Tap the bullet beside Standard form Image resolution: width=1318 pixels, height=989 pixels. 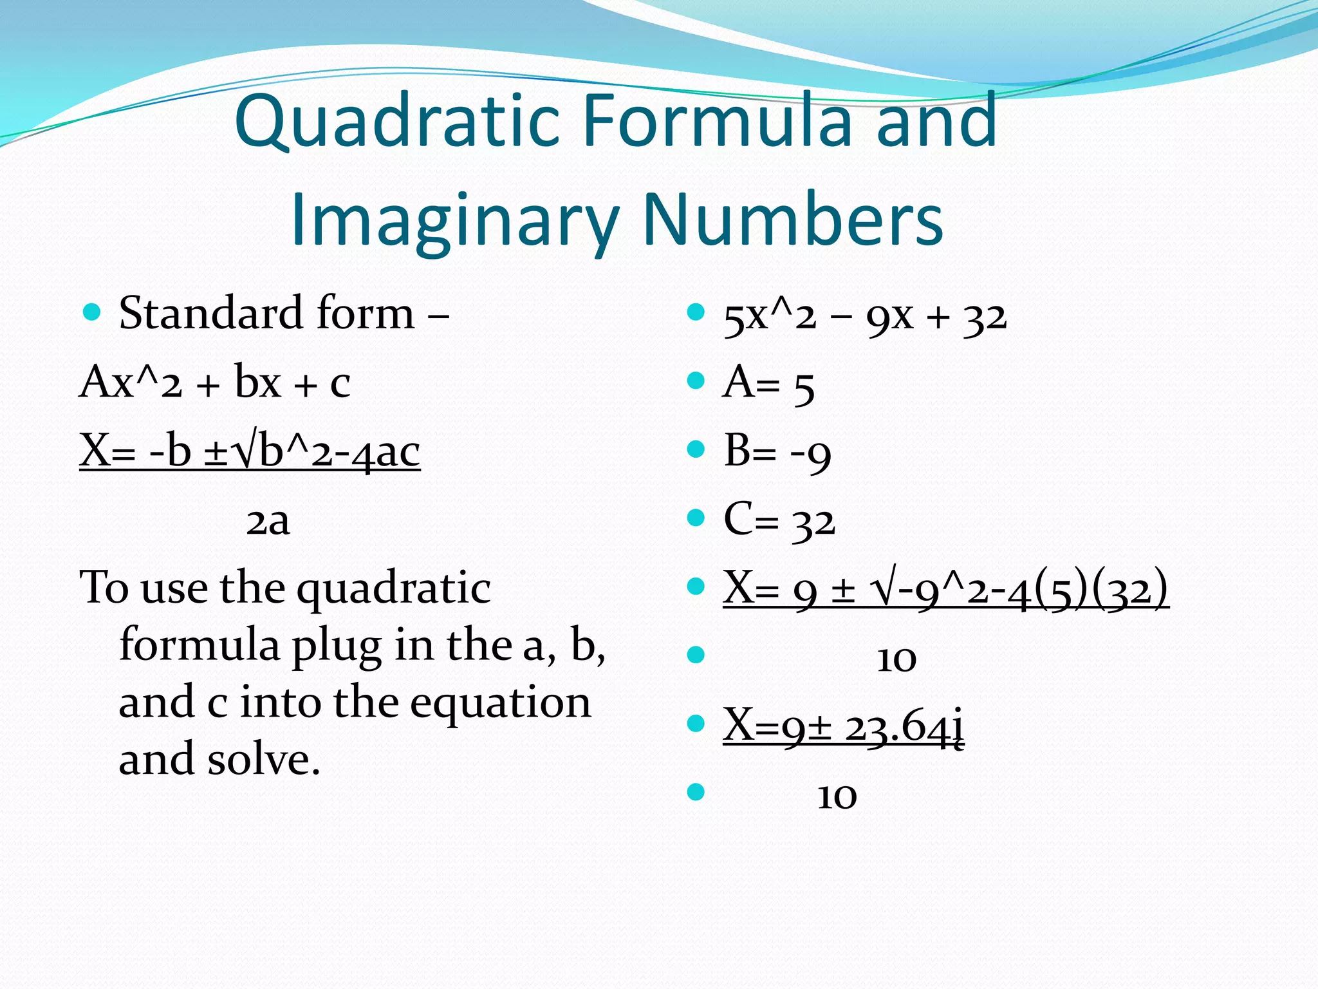click(x=93, y=313)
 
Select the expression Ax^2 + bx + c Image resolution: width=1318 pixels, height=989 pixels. click(x=215, y=382)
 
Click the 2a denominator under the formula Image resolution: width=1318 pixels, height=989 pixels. click(x=268, y=522)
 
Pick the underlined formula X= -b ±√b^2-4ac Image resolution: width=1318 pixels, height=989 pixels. click(x=250, y=451)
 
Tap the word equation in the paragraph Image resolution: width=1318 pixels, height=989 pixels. click(x=500, y=702)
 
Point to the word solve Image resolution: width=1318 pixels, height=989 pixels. click(x=264, y=759)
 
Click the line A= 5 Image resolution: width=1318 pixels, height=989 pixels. click(x=768, y=384)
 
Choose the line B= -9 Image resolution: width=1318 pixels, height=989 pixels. click(x=777, y=452)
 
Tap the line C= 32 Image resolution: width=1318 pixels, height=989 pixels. click(x=779, y=520)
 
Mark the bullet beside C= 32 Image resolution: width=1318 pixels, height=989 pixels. click(x=696, y=518)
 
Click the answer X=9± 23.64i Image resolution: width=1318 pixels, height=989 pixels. click(x=843, y=726)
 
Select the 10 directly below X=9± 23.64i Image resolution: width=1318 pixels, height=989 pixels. click(x=837, y=796)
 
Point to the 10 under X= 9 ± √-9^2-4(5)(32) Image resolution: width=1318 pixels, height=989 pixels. click(x=896, y=659)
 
